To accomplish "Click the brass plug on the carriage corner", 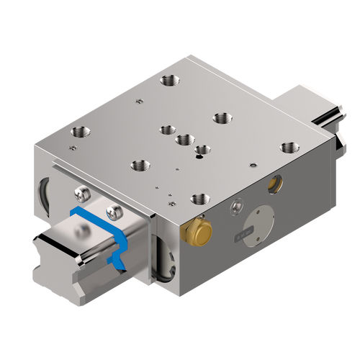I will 198,231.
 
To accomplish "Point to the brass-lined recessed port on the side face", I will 273,185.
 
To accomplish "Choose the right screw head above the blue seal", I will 112,211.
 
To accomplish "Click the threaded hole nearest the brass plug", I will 199,199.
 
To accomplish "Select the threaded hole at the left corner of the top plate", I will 78,132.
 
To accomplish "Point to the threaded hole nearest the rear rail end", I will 289,147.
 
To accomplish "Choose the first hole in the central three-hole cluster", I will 168,130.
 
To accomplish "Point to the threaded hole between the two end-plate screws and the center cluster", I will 138,166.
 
